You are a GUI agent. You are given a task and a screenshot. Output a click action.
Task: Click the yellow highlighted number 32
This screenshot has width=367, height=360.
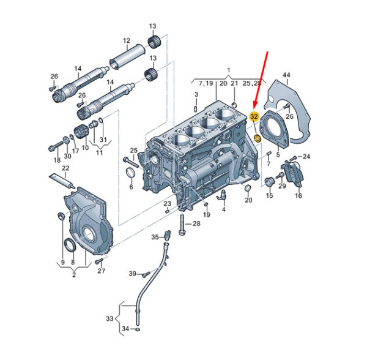[254, 116]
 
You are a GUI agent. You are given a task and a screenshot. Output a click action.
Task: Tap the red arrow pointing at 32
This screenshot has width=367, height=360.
[261, 80]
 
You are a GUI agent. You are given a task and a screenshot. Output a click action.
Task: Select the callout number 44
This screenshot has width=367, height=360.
[286, 75]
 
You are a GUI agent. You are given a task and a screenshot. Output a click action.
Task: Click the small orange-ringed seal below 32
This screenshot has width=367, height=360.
[258, 138]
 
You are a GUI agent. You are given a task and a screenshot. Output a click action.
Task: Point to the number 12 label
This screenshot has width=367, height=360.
[127, 40]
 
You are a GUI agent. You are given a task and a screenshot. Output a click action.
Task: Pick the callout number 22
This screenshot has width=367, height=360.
[65, 168]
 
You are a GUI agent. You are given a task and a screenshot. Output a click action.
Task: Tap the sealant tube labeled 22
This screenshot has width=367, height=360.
[63, 182]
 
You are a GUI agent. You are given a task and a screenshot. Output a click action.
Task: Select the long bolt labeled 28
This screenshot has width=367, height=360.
[182, 223]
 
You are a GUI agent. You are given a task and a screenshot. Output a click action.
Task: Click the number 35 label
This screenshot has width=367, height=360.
[155, 237]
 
